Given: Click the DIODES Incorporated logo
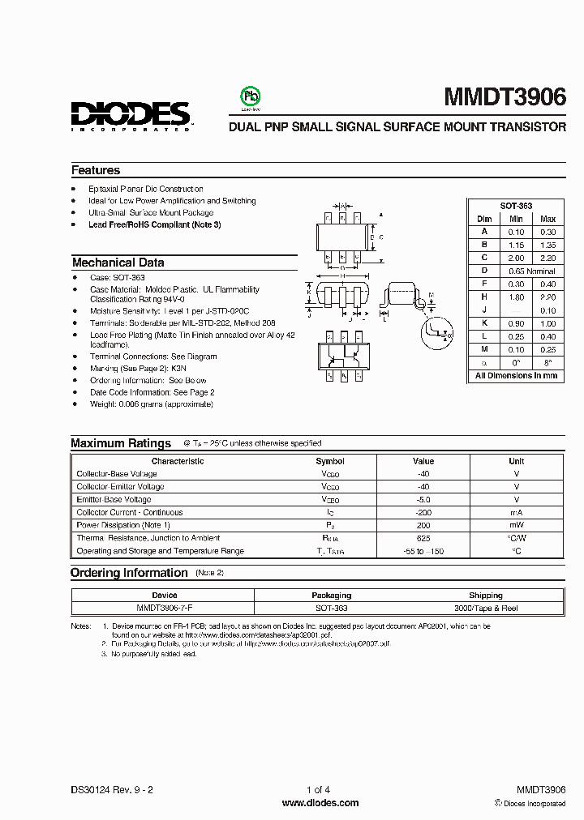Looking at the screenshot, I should click(130, 116).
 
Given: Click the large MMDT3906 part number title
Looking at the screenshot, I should click(505, 97).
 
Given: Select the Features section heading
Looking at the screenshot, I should click(96, 170).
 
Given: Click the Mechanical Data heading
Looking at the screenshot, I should click(118, 263).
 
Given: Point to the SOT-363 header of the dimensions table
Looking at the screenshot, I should click(516, 206).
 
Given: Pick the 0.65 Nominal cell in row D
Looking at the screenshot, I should click(532, 270).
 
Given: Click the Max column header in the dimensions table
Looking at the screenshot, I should click(547, 219).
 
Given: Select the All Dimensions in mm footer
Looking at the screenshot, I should click(516, 376).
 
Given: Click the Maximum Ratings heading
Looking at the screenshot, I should click(121, 443).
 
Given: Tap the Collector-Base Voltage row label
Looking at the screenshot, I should click(117, 474).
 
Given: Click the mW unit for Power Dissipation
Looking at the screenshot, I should click(516, 525).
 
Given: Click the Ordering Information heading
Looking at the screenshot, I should click(129, 573).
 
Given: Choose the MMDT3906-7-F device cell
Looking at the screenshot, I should click(164, 607).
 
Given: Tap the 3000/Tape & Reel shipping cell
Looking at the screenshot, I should click(485, 607).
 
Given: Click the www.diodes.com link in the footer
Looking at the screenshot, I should click(320, 803).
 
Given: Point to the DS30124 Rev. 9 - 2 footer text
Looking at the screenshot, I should click(113, 789).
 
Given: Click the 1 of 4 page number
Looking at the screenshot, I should click(319, 789).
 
